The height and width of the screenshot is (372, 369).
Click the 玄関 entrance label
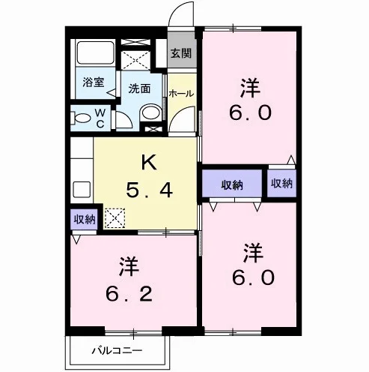click(181, 53)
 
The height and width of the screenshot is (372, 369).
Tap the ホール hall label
click(181, 94)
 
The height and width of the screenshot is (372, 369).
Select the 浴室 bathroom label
click(94, 82)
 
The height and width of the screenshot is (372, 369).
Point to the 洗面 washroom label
click(139, 88)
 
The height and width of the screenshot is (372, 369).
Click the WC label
click(100, 118)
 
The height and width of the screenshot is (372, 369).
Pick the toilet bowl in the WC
click(81, 118)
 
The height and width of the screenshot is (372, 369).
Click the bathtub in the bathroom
click(96, 52)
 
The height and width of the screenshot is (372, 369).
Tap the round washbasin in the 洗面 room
click(151, 112)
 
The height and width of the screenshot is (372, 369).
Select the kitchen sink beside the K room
click(82, 190)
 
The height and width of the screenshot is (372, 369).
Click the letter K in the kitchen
click(149, 162)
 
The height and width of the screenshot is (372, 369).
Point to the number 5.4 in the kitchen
click(149, 190)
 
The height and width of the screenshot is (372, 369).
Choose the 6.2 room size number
click(129, 294)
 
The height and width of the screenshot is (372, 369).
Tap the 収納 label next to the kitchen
click(85, 219)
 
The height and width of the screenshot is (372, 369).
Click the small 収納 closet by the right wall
click(281, 184)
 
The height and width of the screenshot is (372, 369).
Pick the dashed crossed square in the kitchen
click(115, 218)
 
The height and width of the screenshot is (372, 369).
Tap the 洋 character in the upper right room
click(250, 88)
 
